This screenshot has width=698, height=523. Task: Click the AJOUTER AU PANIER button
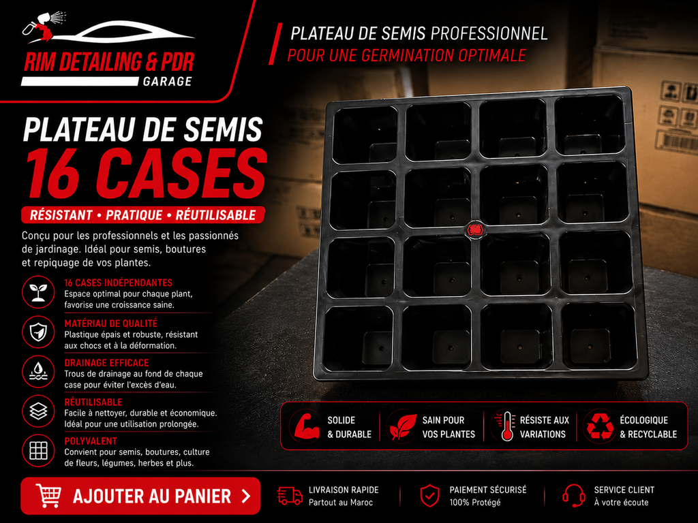[x=140, y=496]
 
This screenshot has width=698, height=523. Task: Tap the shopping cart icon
[x=48, y=496]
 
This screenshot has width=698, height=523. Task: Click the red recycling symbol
[x=600, y=427]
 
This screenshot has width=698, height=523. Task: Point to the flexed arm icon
[x=306, y=426]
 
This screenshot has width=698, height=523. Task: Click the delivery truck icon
[x=290, y=496]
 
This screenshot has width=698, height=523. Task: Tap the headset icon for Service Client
[x=574, y=496]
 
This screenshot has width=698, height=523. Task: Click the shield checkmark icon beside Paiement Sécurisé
[x=429, y=496]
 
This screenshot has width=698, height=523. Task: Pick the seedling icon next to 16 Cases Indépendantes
[x=38, y=292]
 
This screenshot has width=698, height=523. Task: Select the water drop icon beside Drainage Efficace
[x=38, y=371]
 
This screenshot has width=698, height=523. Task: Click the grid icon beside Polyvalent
[x=38, y=450]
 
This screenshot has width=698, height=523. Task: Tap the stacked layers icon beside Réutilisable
[x=38, y=411]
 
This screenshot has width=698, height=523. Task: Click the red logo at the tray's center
[x=475, y=230]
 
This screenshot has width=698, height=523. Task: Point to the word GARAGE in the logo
[x=168, y=82]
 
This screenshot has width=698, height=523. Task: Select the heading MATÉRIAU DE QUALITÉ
[x=111, y=323]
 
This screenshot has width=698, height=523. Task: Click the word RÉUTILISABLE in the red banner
[x=216, y=215]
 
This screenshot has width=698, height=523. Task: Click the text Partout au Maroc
[x=341, y=503]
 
